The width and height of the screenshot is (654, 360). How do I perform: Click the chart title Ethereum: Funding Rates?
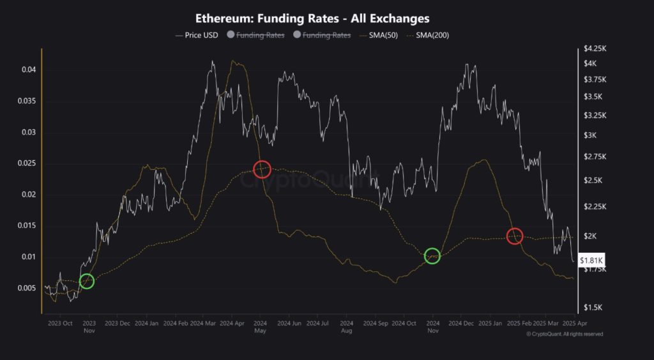[312, 19]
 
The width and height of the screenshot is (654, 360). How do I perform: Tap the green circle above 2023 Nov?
[87, 281]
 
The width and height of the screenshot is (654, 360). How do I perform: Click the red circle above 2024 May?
[262, 169]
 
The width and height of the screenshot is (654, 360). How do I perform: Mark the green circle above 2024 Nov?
[432, 256]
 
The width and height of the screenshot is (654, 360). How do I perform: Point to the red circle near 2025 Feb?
[515, 236]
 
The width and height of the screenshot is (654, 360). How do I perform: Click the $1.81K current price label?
[591, 260]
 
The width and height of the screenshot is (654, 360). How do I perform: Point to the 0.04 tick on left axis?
[28, 70]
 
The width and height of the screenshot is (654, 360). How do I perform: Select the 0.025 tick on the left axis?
[26, 163]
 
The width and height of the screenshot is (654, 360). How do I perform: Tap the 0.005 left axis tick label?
[26, 289]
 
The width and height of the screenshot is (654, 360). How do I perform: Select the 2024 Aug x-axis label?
[347, 327]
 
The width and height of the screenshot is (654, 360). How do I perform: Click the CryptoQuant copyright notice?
[564, 334]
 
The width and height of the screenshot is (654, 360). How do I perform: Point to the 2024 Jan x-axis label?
[147, 324]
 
